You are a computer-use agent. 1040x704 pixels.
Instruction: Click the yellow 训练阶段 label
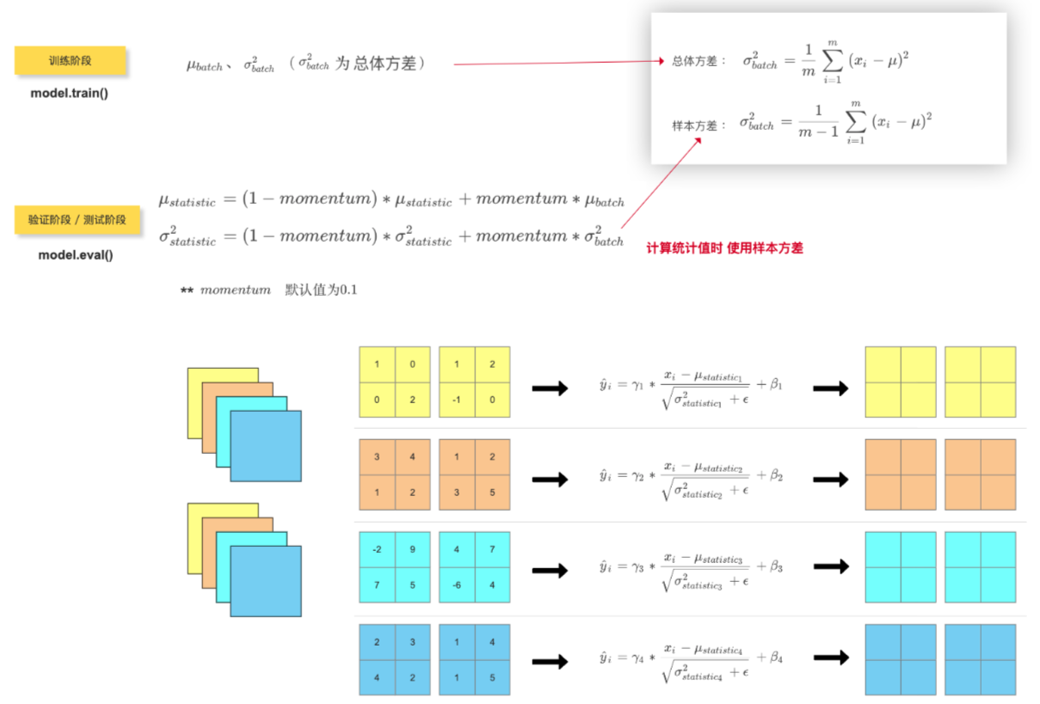click(70, 61)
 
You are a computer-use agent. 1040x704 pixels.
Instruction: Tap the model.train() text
click(70, 93)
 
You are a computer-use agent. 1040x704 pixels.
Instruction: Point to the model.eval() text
click(76, 254)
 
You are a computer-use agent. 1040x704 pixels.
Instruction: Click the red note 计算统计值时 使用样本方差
click(724, 248)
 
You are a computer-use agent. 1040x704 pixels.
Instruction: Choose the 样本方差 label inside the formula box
click(694, 125)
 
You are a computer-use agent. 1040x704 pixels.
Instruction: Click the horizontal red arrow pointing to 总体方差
click(559, 63)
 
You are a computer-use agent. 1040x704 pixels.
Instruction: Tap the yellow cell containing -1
click(456, 400)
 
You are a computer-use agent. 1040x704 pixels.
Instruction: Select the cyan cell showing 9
click(413, 549)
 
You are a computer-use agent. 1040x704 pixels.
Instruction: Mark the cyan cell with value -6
click(456, 585)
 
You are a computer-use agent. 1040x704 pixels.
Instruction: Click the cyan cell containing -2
click(377, 549)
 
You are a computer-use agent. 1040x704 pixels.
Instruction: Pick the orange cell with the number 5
click(492, 493)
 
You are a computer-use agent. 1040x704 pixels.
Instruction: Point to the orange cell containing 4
click(413, 456)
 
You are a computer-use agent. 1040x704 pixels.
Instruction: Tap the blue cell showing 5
click(492, 677)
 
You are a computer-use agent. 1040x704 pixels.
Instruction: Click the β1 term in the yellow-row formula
click(776, 386)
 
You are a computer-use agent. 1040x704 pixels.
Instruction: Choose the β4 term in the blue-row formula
click(776, 658)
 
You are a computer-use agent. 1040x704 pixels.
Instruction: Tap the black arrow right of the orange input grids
click(550, 479)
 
